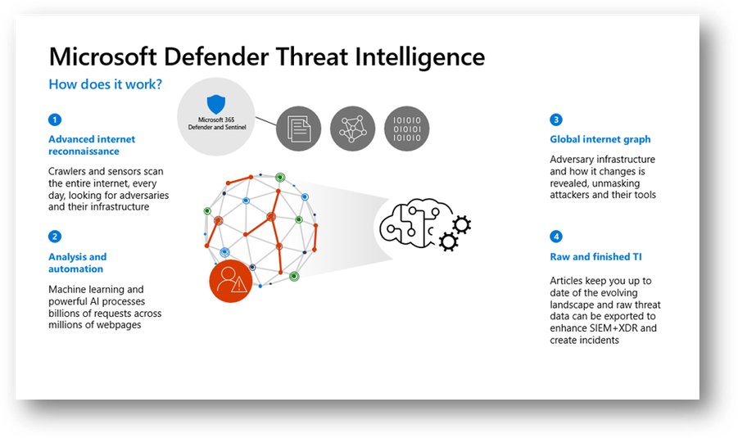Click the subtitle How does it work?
click(x=106, y=84)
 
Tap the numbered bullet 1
click(x=55, y=120)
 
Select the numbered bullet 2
click(x=55, y=236)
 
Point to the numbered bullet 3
click(x=556, y=120)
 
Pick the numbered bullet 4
click(x=556, y=236)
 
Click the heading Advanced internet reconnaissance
click(x=92, y=145)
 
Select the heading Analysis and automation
click(x=78, y=263)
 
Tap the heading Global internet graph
click(x=600, y=139)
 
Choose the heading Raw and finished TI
click(x=595, y=257)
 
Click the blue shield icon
click(x=216, y=104)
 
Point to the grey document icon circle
click(x=298, y=129)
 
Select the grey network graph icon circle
click(x=352, y=129)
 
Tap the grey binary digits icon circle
click(x=406, y=129)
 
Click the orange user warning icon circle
click(x=231, y=281)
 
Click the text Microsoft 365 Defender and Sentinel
click(x=217, y=124)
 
